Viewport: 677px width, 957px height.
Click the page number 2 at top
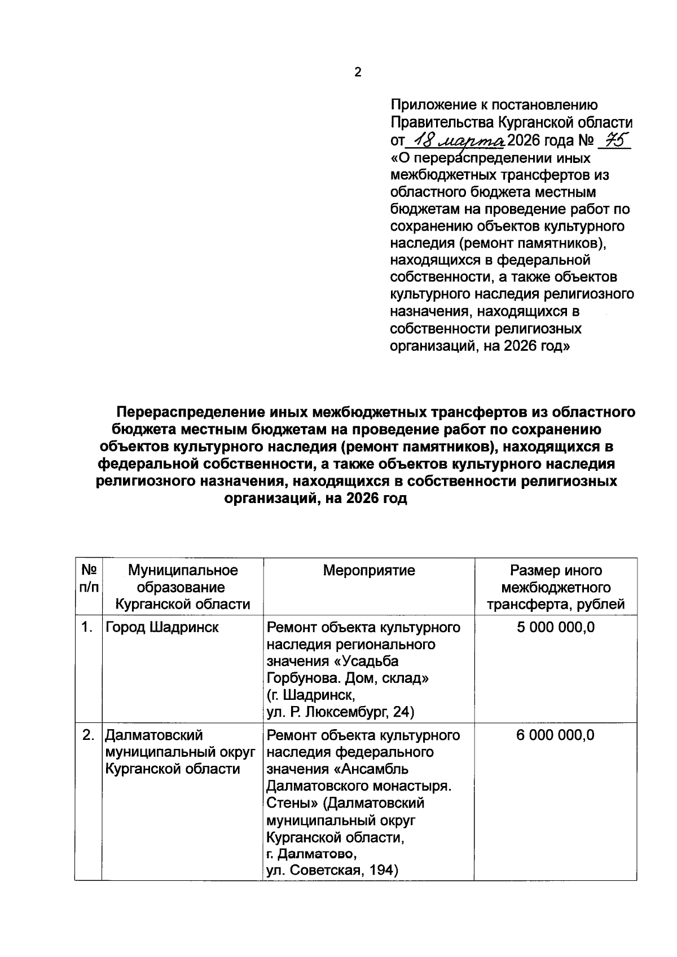point(357,72)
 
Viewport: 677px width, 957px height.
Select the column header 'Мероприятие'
point(369,570)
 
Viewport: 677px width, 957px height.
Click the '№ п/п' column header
point(89,579)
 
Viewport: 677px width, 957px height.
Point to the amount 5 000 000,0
point(556,627)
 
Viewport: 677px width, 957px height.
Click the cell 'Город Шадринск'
point(162,627)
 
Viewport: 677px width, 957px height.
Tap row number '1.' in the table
point(87,627)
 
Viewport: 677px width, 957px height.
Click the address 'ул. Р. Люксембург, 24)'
point(340,712)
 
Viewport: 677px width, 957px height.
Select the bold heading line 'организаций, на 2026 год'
point(316,499)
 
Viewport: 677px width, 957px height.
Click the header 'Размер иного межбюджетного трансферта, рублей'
point(556,587)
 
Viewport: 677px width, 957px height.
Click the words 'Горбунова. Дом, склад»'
point(348,678)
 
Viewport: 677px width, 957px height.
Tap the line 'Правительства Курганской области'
point(511,122)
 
